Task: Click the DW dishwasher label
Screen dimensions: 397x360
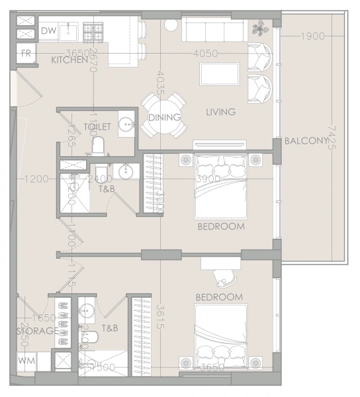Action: tap(48, 30)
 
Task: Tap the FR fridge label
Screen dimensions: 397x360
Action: tap(26, 53)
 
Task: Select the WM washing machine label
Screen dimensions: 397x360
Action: tap(26, 361)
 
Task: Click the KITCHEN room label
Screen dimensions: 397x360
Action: tap(69, 60)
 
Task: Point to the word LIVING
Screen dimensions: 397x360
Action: tap(220, 112)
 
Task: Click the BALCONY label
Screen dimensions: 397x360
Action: tap(306, 141)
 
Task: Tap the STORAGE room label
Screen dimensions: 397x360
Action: tap(32, 330)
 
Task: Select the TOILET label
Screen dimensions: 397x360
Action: tap(97, 126)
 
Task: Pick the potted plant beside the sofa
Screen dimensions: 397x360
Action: tap(260, 28)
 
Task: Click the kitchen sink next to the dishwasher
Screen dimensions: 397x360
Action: tap(68, 30)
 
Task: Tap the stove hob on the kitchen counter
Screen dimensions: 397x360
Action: tap(92, 30)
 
